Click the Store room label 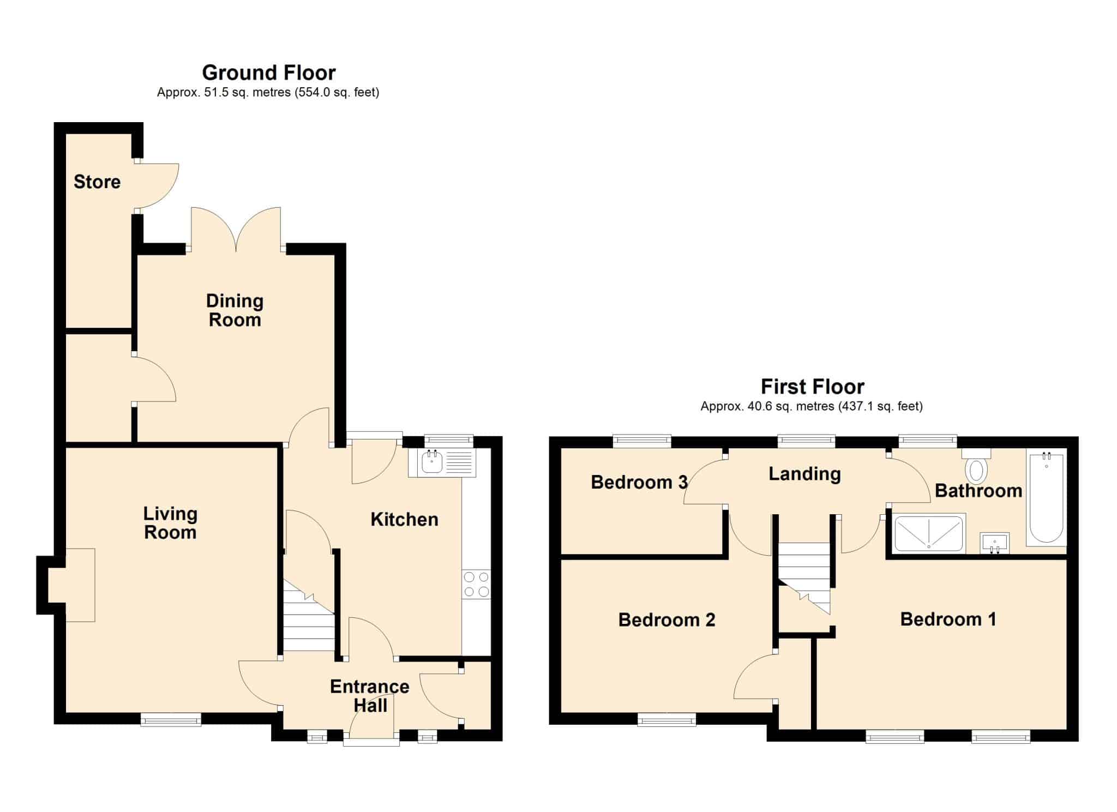tap(97, 182)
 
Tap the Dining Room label tap(235, 310)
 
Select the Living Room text tap(170, 522)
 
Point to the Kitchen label tap(404, 519)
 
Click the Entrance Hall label tap(370, 695)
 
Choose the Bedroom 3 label tap(639, 482)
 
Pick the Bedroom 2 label tap(666, 619)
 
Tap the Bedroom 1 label tap(948, 619)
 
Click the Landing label tap(804, 474)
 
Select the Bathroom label tap(978, 490)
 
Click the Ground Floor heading tap(269, 72)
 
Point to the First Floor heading tap(813, 387)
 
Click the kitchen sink tap(441, 463)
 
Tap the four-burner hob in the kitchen tap(476, 584)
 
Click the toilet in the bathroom tap(976, 466)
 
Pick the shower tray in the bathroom tap(929, 533)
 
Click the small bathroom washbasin tap(995, 543)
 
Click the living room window tap(171, 720)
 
